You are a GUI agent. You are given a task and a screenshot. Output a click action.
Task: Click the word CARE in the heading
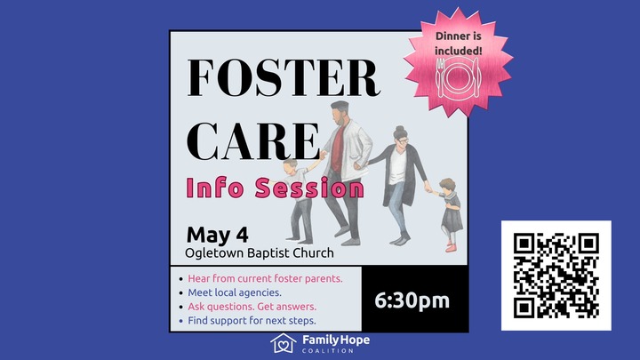point(254,141)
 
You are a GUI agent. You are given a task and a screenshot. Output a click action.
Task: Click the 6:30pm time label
point(413,300)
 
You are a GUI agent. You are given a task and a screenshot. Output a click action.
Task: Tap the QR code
point(556,276)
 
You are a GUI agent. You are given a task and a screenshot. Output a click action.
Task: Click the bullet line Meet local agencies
point(235,292)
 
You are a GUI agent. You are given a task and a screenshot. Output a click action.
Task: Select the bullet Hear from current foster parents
point(265,278)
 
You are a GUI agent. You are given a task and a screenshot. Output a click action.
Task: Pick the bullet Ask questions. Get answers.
point(252,307)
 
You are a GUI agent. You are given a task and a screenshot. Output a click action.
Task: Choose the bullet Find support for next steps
point(252,320)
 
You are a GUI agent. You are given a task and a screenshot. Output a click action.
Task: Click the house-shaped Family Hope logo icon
point(283,343)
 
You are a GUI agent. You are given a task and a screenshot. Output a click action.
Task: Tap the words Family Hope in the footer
point(335,340)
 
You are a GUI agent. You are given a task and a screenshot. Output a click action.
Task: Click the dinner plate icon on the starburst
point(458,77)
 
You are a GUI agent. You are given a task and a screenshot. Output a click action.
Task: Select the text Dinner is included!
point(459,43)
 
